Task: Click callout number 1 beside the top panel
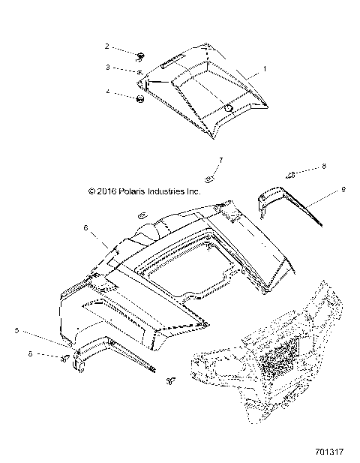[x=263, y=69]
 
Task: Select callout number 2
[x=106, y=47]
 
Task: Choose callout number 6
[x=85, y=227]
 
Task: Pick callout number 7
[x=220, y=160]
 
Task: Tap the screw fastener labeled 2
[x=140, y=54]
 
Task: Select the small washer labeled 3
[x=140, y=71]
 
